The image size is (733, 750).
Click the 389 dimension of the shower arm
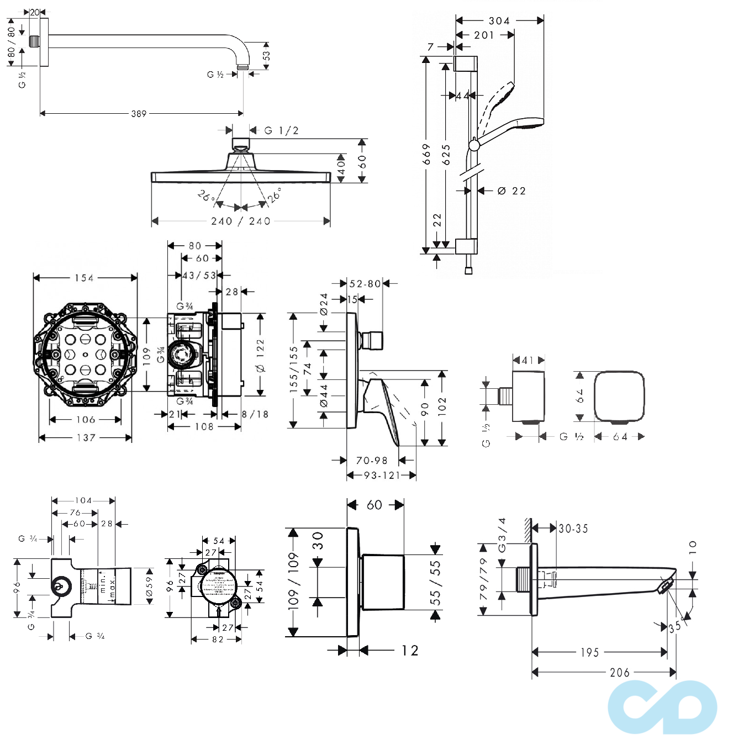pos(139,114)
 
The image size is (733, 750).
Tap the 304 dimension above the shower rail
pos(499,21)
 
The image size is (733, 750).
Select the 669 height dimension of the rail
pos(426,155)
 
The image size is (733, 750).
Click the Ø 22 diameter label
pos(511,191)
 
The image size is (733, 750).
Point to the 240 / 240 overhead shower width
pos(241,221)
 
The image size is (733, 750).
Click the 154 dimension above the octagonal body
pos(85,278)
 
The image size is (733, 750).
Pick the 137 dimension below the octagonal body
pos(86,438)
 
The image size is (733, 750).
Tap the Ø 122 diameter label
pos(261,356)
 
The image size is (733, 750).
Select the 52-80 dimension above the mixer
pos(365,284)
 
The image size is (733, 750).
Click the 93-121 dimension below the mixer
pos(381,476)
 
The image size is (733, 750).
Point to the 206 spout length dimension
pos(619,673)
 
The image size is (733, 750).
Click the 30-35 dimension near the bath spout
pos(573,529)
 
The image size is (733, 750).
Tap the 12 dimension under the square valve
pos(410,651)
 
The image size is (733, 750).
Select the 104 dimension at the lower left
pos(83,501)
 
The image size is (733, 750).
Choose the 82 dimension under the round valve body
pos(218,640)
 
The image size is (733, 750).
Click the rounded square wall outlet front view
pos(619,396)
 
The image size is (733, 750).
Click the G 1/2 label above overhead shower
pos(281,130)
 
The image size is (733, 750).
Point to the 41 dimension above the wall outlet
pos(528,361)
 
